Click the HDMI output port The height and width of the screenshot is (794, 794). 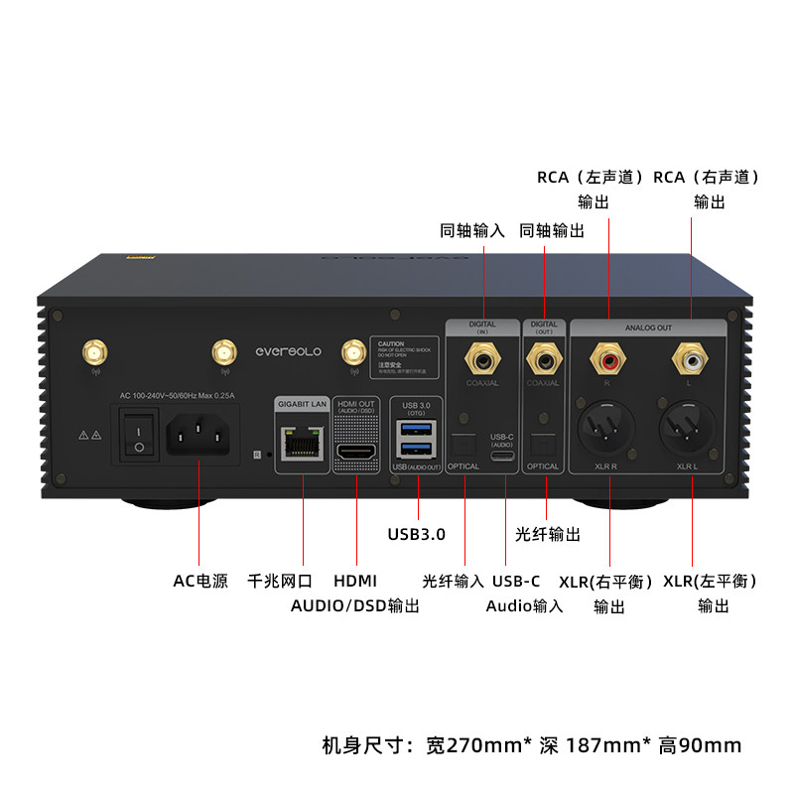point(355,452)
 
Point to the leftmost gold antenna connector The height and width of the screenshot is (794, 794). point(95,351)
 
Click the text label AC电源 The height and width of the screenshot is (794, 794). point(200,581)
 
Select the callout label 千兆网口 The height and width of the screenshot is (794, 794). point(280,581)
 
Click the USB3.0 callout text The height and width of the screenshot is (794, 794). point(416,534)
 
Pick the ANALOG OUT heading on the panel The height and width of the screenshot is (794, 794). point(648,327)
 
